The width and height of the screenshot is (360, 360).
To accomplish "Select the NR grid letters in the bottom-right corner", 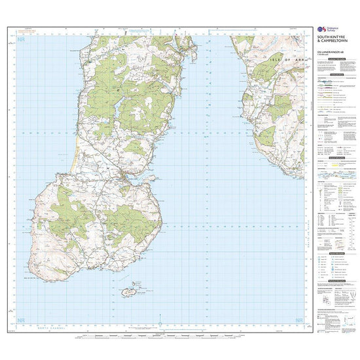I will pos(299,320).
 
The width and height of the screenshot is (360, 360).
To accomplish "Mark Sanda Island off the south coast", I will pos(129,291).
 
